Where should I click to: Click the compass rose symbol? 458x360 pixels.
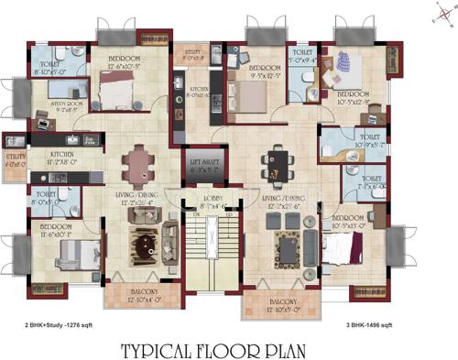437,16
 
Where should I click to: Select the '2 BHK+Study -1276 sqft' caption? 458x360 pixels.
59,324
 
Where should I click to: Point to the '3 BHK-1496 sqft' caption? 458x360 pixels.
382,324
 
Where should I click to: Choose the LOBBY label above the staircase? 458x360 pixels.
213,203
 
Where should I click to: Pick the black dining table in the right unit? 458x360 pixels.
275,166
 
